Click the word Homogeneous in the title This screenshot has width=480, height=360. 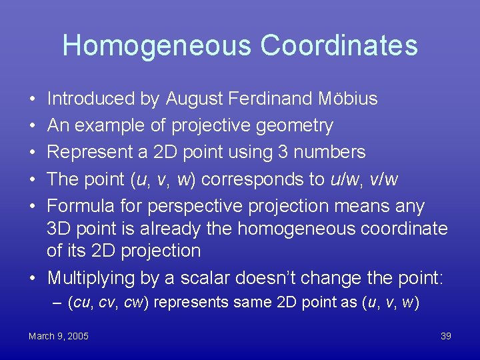157,45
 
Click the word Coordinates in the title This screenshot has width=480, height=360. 339,45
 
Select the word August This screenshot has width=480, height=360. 194,99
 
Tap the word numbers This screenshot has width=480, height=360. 330,152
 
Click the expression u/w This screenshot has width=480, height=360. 339,179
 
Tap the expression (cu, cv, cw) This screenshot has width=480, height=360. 108,303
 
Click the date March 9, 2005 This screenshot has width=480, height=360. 59,336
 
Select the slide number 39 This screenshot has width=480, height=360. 446,336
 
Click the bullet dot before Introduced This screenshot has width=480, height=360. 33,99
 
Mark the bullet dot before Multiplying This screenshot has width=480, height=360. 33,277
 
